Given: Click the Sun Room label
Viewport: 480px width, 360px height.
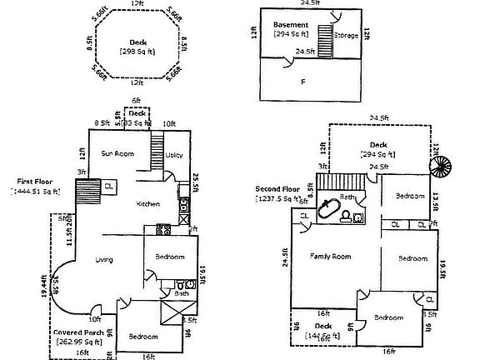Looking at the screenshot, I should [x=117, y=153].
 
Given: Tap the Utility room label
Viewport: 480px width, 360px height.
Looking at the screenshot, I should [x=173, y=155].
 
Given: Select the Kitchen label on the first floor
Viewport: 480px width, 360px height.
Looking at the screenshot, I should [x=148, y=203].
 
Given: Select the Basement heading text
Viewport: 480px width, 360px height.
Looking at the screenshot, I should [x=291, y=25].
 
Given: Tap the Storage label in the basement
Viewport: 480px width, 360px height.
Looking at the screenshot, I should [x=346, y=37].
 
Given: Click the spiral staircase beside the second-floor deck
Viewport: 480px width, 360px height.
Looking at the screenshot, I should [x=439, y=164].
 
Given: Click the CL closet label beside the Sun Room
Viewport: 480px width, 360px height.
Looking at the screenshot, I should [x=109, y=186].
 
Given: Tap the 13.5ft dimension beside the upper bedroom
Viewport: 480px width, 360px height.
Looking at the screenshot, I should [x=436, y=202].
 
